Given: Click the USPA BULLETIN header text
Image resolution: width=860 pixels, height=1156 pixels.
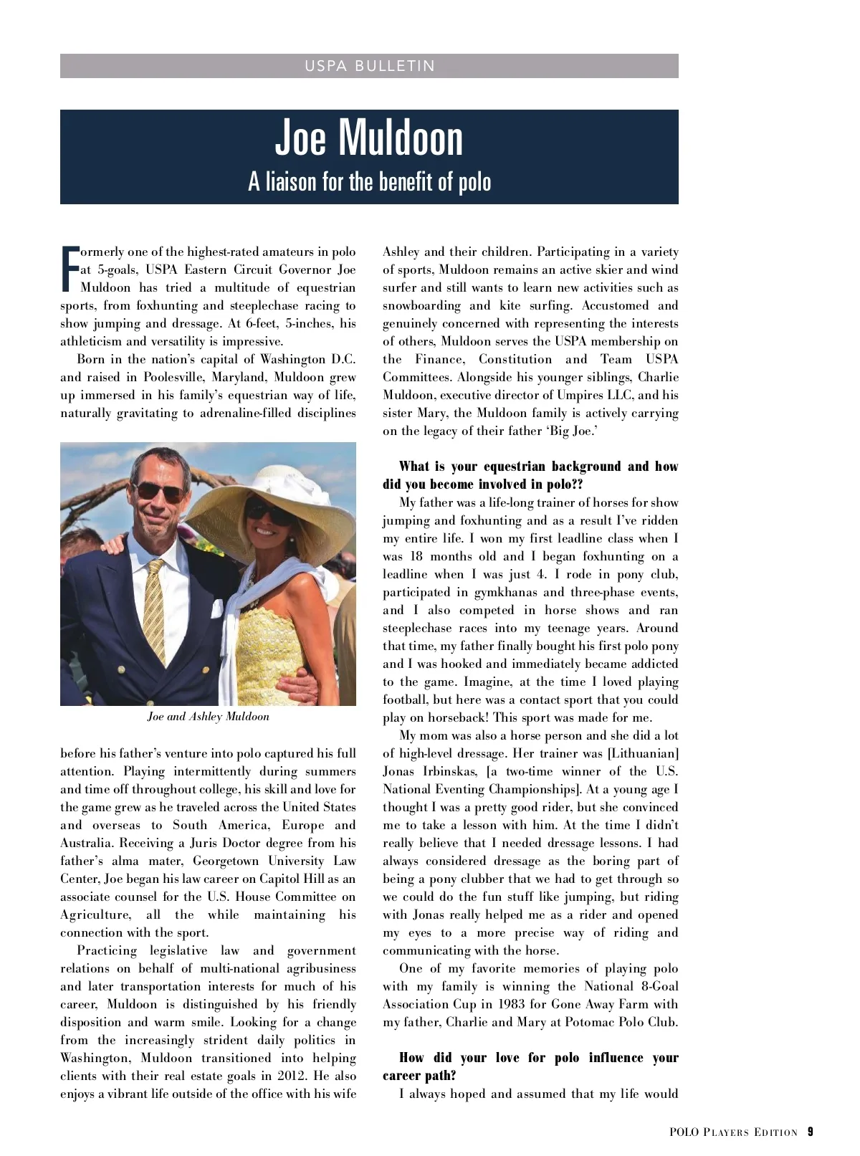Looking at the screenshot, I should [369, 66].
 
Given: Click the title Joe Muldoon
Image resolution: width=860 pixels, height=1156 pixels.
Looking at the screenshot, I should [369, 138].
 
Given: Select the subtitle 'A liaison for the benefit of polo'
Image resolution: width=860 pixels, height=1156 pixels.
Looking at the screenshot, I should [369, 182].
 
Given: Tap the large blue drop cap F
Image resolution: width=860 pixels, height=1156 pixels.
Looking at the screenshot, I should [70, 269].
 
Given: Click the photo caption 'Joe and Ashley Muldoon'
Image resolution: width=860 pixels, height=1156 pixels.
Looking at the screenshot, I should [208, 717].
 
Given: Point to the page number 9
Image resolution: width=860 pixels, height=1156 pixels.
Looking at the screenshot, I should [810, 1132].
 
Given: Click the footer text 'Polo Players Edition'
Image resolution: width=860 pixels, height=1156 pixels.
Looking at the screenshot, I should [733, 1132].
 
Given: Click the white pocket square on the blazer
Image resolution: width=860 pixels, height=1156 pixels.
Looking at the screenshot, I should [217, 609].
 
